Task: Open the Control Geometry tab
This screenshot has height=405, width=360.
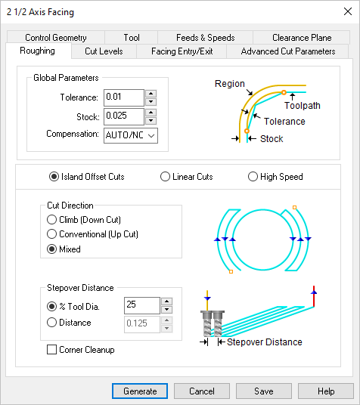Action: click(56, 37)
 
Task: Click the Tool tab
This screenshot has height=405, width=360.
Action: click(132, 37)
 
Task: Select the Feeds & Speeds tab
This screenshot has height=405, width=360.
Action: click(205, 37)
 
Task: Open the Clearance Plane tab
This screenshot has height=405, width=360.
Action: click(302, 37)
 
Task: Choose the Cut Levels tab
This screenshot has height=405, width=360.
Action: click(104, 51)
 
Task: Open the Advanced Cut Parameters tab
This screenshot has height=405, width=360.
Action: click(287, 51)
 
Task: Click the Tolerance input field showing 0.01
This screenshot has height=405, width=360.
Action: click(123, 97)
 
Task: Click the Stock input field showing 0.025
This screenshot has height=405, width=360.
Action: click(123, 116)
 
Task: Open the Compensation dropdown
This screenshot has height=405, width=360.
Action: click(130, 135)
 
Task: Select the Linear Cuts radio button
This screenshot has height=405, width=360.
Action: click(166, 177)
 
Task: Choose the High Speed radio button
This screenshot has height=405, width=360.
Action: click(253, 177)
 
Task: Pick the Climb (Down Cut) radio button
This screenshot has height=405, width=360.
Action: click(52, 219)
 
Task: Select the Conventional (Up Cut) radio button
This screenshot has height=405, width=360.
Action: click(52, 234)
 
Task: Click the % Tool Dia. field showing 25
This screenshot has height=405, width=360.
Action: click(141, 305)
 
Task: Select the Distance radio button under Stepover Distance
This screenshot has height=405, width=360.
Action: click(52, 323)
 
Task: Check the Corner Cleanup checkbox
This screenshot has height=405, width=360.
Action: click(52, 350)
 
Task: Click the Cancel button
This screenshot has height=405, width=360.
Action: click(202, 391)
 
